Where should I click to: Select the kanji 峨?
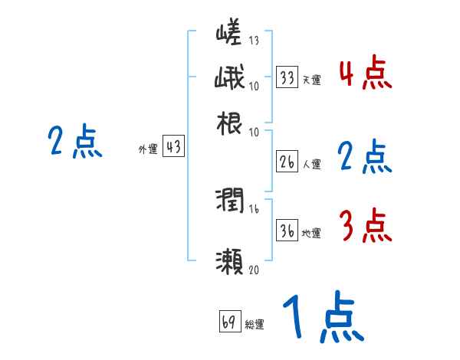[229, 79]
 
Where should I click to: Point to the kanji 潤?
[229, 202]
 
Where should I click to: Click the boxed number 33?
[287, 78]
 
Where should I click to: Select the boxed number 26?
[287, 162]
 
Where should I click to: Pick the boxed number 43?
[174, 148]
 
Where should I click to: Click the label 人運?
[311, 163]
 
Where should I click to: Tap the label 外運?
[148, 149]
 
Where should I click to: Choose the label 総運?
[255, 324]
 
